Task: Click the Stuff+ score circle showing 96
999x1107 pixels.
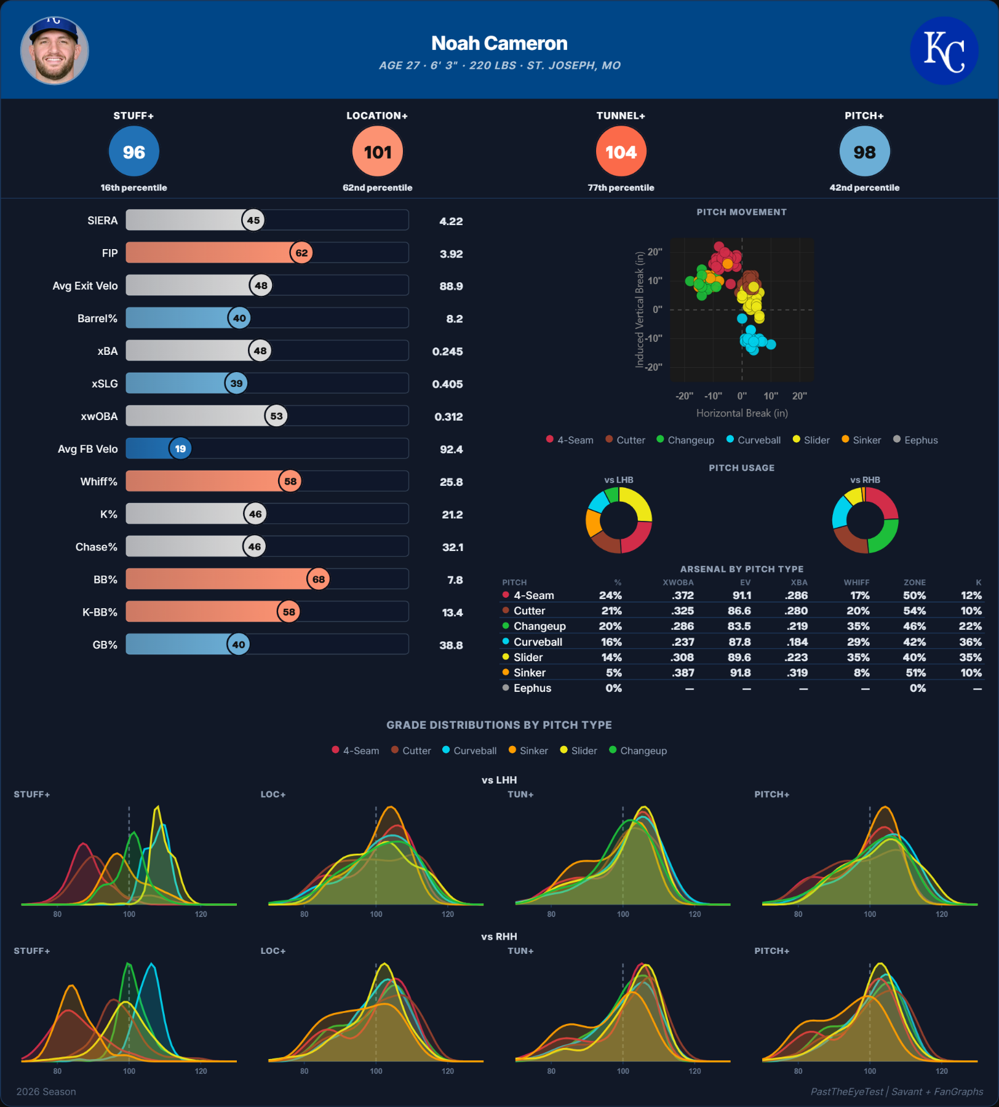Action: pyautogui.click(x=134, y=151)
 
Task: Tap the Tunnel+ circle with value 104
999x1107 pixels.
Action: pyautogui.click(x=621, y=151)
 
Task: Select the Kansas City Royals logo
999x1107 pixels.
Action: pyautogui.click(x=944, y=50)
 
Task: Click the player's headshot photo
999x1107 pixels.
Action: pyautogui.click(x=55, y=50)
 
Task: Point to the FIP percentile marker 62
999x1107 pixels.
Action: pyautogui.click(x=301, y=253)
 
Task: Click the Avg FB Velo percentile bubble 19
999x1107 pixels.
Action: pyautogui.click(x=180, y=449)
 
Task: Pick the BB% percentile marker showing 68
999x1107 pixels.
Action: pyautogui.click(x=319, y=579)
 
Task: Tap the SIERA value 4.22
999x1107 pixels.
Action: pyautogui.click(x=451, y=221)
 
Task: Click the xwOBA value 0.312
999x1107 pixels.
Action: pyautogui.click(x=448, y=417)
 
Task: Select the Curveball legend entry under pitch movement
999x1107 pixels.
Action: pyautogui.click(x=754, y=440)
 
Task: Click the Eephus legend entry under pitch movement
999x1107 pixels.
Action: pyautogui.click(x=915, y=440)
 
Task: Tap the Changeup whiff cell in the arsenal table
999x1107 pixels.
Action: pyautogui.click(x=858, y=626)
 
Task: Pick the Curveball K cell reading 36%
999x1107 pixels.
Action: pyautogui.click(x=970, y=641)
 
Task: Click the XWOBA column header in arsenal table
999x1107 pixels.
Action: pyautogui.click(x=678, y=582)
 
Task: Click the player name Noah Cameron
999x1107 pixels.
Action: pyautogui.click(x=499, y=43)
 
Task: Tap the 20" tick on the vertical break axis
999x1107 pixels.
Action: pyautogui.click(x=655, y=252)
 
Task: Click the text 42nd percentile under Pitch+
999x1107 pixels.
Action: pyautogui.click(x=864, y=188)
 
